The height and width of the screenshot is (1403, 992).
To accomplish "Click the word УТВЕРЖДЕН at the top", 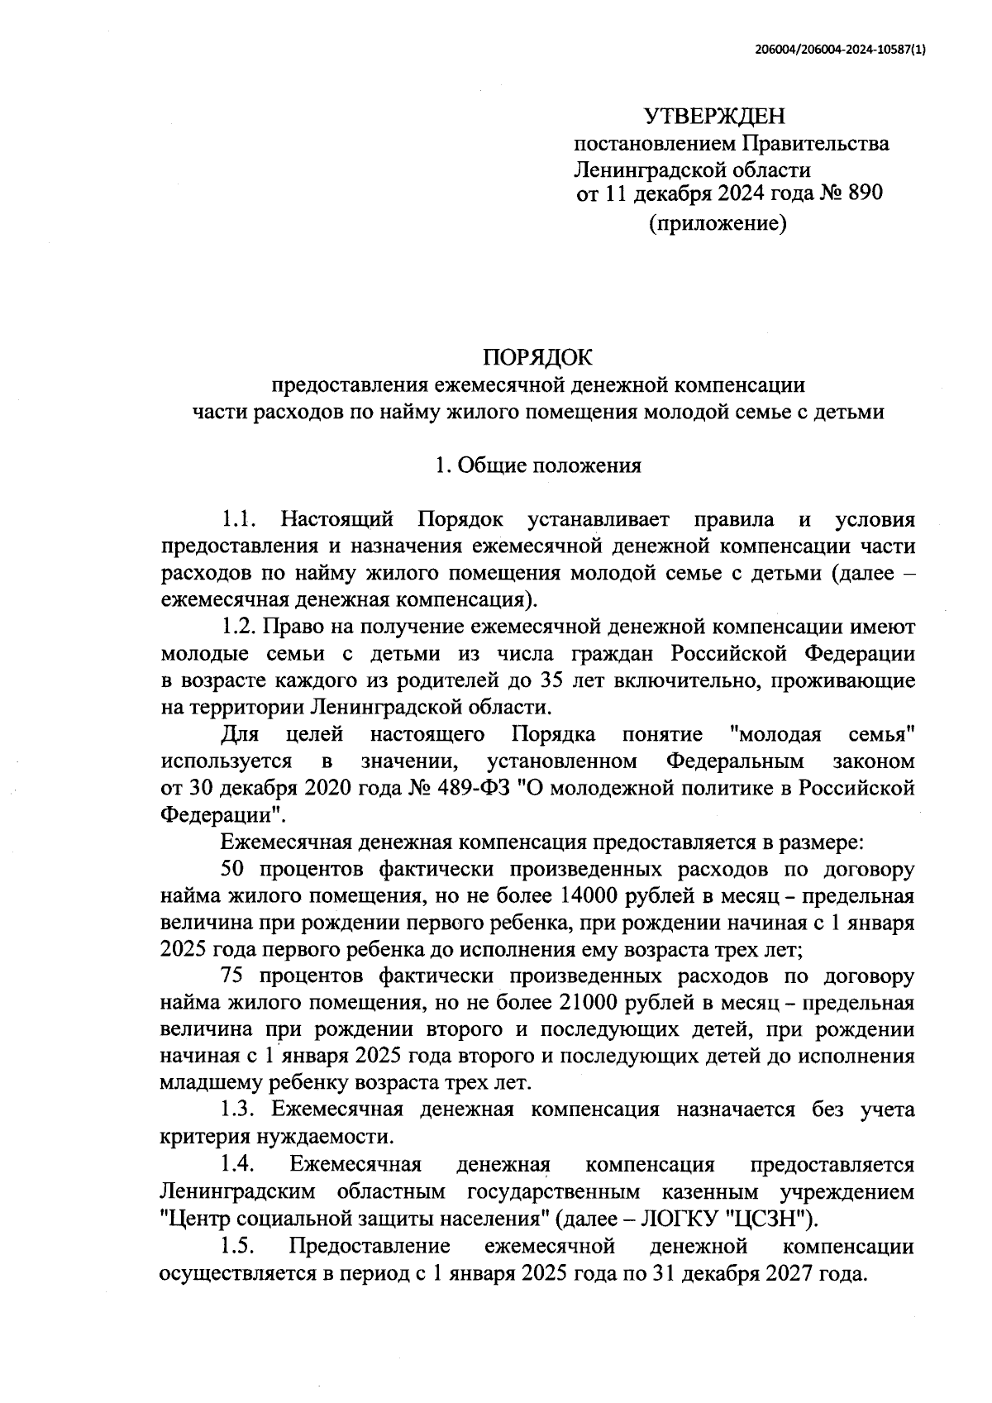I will pos(715,115).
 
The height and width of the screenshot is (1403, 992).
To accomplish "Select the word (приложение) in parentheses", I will pos(717,222).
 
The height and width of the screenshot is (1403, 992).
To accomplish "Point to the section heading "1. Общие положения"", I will pos(538,465).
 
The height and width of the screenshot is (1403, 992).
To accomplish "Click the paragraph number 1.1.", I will pos(239,520).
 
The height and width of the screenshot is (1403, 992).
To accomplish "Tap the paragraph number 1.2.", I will pos(239,627).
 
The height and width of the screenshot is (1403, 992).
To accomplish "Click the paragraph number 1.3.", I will pos(239,1110).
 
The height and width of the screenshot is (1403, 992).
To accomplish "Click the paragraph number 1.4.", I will pos(239,1165).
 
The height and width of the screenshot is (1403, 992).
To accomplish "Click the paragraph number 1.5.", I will pos(239,1246).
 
